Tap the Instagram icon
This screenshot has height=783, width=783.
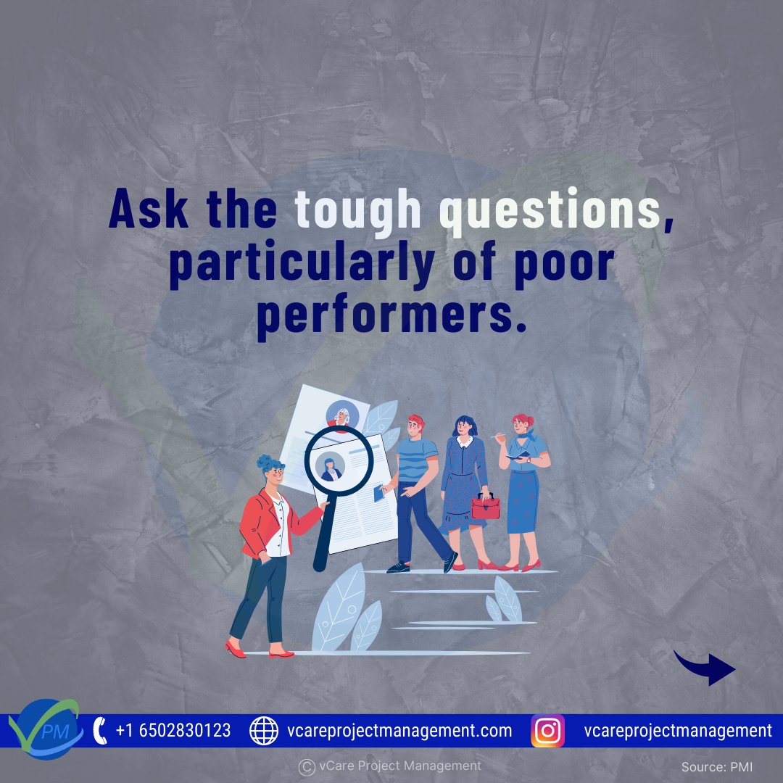[548, 731]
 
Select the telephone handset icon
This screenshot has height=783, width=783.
[101, 730]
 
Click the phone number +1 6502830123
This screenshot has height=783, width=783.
[173, 731]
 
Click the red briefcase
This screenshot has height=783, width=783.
[486, 506]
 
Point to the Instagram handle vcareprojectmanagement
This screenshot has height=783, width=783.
[678, 731]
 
